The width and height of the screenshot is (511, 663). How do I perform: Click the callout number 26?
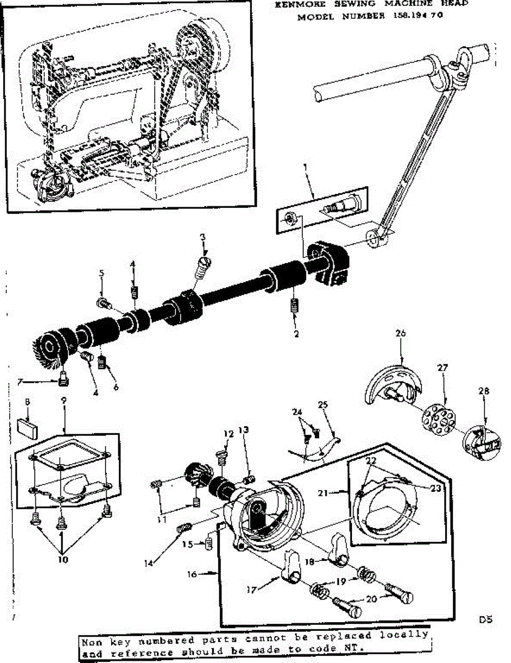(401, 333)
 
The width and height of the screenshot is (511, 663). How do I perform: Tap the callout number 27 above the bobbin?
(442, 367)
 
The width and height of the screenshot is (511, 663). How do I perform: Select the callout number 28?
(484, 391)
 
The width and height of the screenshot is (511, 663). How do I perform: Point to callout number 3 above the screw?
(203, 237)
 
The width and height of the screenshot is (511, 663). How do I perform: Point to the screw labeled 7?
(62, 380)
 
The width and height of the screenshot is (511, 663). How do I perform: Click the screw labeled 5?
(104, 303)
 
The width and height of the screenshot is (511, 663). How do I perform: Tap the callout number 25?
(323, 404)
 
